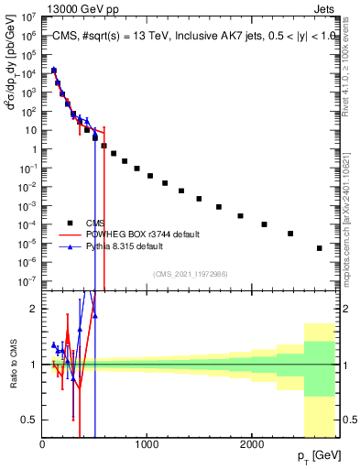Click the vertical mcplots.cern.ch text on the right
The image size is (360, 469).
[352, 211]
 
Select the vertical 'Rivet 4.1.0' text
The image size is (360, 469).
[352, 55]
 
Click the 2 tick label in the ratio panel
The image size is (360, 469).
[34, 309]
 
